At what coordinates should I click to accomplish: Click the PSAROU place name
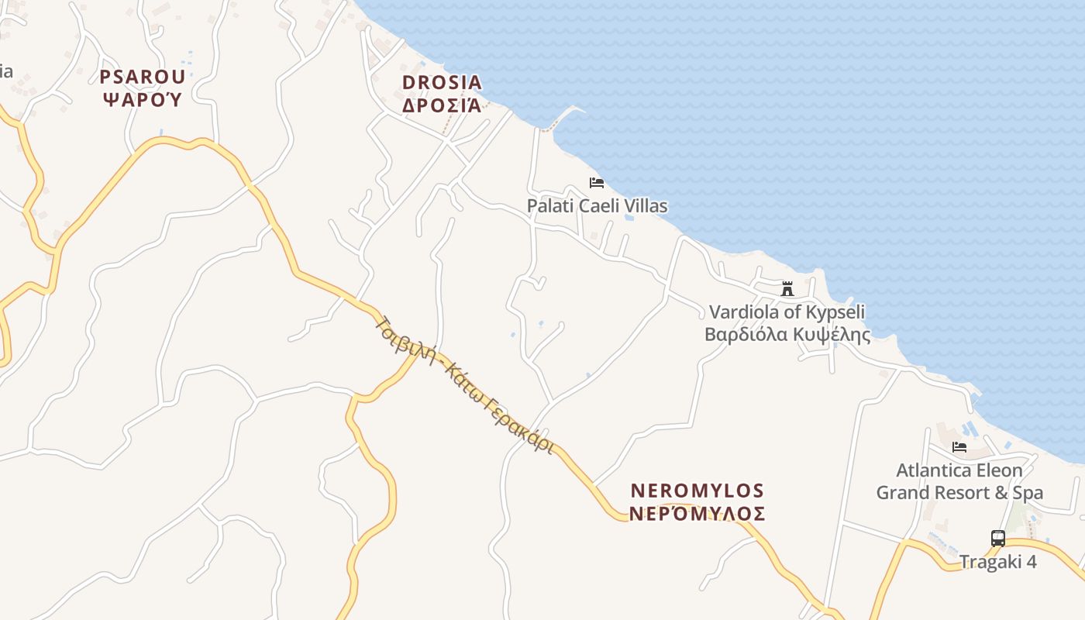click(x=143, y=77)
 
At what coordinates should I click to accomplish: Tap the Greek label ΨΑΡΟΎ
click(x=143, y=99)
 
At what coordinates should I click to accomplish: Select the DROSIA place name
click(x=442, y=82)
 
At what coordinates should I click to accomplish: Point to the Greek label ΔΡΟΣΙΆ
click(x=442, y=105)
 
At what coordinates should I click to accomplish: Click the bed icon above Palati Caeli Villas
click(x=597, y=183)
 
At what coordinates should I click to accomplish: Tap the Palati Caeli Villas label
click(x=597, y=206)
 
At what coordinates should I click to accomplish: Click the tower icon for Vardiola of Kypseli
click(x=787, y=289)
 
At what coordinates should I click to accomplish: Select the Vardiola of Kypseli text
click(x=787, y=312)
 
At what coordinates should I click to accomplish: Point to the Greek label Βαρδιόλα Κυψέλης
click(x=787, y=335)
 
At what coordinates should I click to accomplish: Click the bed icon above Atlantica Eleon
click(x=959, y=447)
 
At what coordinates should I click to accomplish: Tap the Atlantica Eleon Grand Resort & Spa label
click(x=959, y=481)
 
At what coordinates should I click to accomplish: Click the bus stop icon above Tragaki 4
click(x=998, y=538)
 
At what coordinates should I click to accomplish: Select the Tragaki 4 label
click(x=998, y=562)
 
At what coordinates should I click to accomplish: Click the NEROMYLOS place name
click(x=697, y=491)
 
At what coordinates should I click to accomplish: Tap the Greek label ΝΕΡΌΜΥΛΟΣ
click(x=697, y=514)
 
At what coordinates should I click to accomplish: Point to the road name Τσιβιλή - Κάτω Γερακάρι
click(x=465, y=384)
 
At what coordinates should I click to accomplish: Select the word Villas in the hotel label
click(x=645, y=206)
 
